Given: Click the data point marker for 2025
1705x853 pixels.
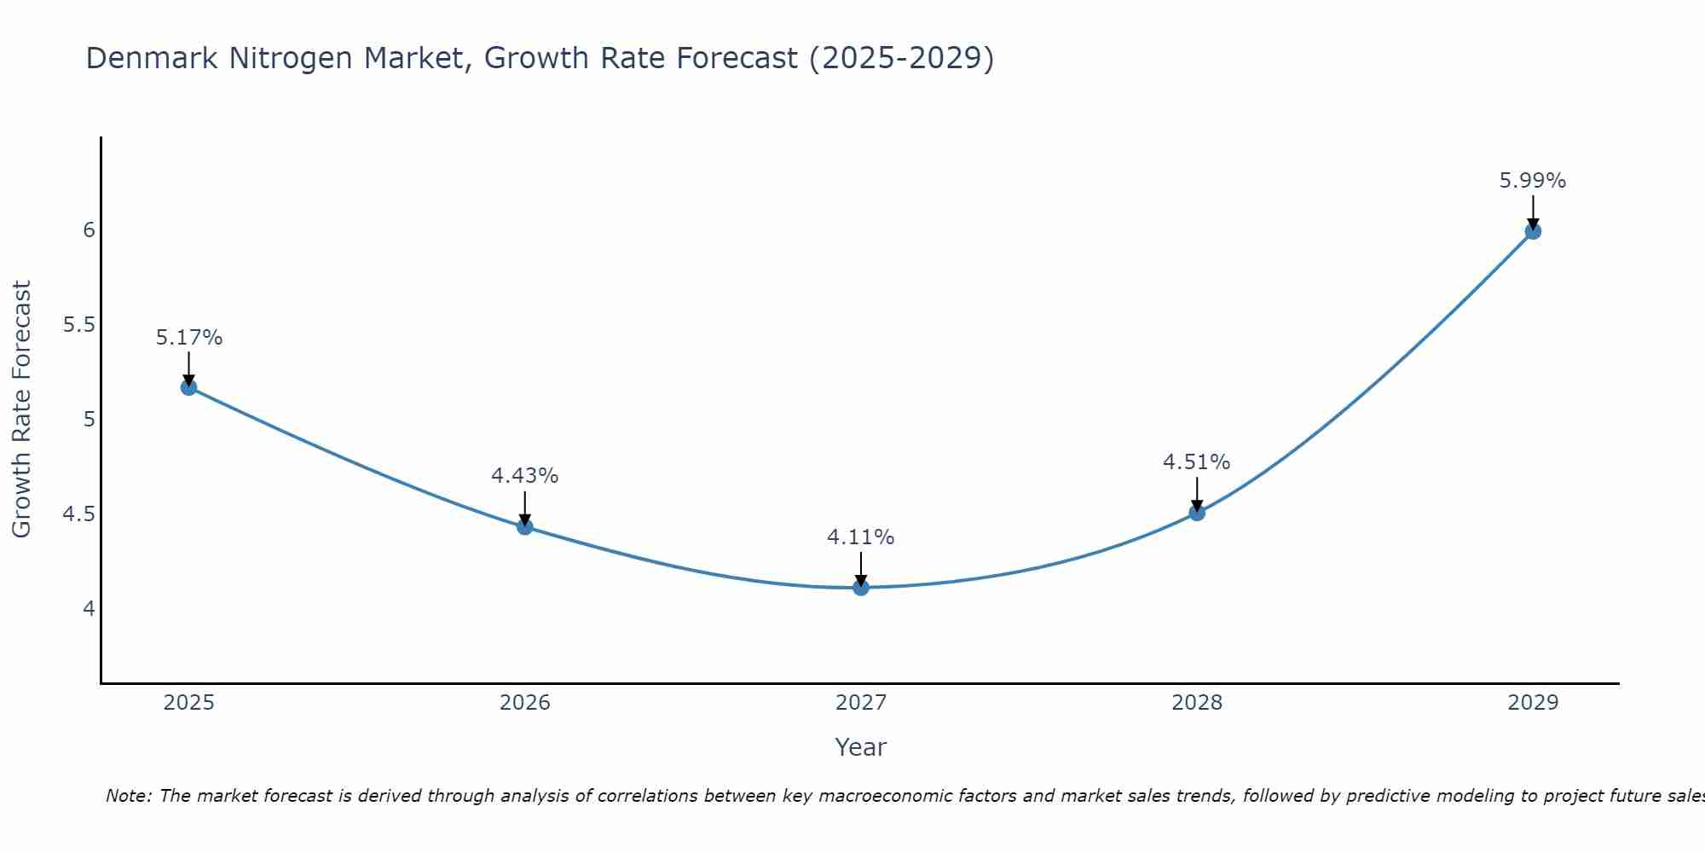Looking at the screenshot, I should (x=188, y=387).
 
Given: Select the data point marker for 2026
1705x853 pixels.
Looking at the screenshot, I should (x=524, y=527).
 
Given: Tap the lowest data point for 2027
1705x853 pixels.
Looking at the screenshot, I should (x=861, y=588).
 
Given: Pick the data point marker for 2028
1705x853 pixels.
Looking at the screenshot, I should (x=1197, y=513).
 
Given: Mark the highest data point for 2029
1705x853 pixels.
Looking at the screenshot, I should (x=1533, y=231).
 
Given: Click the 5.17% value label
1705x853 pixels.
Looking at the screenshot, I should (x=188, y=338).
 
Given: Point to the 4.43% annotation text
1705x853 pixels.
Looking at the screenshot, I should (x=524, y=476).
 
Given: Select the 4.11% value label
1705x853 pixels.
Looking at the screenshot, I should (x=861, y=537).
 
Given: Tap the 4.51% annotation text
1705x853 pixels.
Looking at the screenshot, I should (x=1197, y=462).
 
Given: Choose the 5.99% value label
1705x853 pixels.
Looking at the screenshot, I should (x=1533, y=181).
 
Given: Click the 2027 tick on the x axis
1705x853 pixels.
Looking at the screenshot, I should (x=861, y=703).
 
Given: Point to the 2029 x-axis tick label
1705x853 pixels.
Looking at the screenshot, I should (x=1533, y=703).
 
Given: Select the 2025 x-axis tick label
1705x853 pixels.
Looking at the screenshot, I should (x=188, y=703).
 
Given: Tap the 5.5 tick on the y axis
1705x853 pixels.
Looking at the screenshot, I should (x=78, y=325).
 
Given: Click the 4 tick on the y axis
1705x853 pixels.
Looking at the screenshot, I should (x=89, y=609).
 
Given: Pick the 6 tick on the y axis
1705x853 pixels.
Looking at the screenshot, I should (x=89, y=230).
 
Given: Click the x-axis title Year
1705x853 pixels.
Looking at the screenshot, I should (x=861, y=747).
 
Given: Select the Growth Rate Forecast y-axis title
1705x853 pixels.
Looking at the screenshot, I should (x=21, y=409).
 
